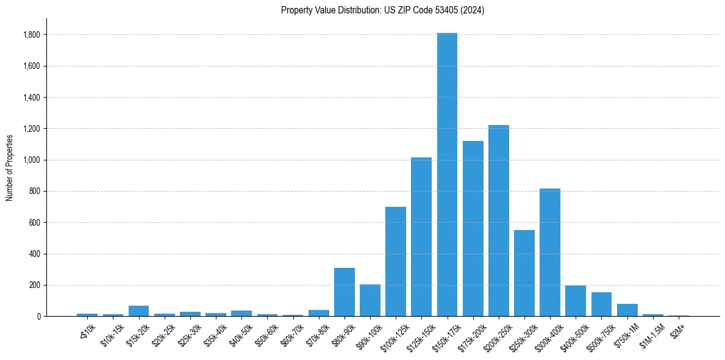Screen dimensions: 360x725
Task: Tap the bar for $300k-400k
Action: tap(550, 253)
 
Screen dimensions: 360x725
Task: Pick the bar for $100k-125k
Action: tap(396, 262)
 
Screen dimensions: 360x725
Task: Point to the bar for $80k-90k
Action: tap(345, 292)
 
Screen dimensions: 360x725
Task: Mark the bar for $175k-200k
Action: tap(473, 229)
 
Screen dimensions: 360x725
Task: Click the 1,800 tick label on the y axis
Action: tap(32, 35)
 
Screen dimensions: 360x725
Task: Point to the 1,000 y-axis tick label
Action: tap(32, 160)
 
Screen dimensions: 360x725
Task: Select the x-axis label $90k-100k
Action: tap(369, 333)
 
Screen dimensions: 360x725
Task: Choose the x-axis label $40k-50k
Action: tap(240, 333)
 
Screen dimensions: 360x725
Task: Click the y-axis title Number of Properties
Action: tap(9, 167)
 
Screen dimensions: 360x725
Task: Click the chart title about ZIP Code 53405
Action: tap(382, 10)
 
